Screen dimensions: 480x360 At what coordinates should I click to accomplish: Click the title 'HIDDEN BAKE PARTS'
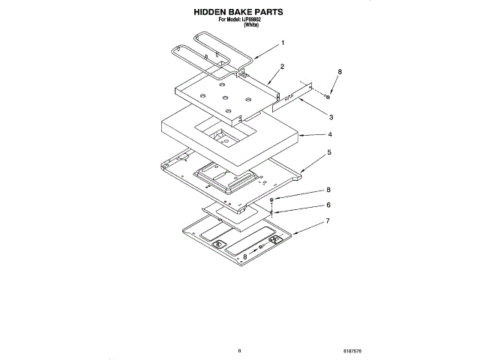point(238,13)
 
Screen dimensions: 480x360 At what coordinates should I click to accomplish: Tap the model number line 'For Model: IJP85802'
point(239,20)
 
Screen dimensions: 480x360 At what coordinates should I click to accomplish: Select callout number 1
point(282,43)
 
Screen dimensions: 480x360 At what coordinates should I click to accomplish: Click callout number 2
point(281,67)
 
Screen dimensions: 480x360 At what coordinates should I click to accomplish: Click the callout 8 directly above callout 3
point(339,72)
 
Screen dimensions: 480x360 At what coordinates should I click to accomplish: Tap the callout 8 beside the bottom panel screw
point(244,256)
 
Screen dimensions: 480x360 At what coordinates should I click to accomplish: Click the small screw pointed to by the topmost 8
point(328,94)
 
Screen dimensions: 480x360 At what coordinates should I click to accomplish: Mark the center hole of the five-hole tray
point(223,98)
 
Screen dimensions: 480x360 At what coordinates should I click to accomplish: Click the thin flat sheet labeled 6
point(236,213)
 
